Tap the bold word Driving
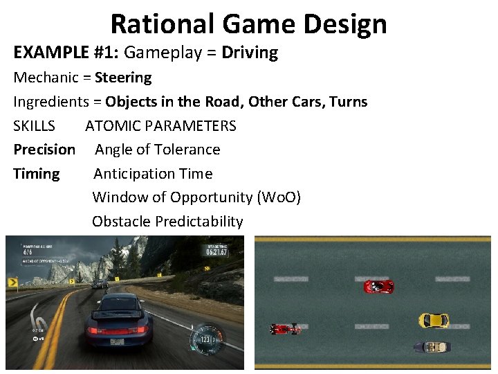point(250,53)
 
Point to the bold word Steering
point(123,78)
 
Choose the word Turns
point(349,102)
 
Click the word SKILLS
point(34,126)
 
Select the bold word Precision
point(44,150)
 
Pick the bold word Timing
point(37,174)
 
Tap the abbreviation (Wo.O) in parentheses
point(279,197)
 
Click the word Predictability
point(199,222)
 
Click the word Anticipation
point(133,174)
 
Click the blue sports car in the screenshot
point(118,319)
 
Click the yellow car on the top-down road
point(434,321)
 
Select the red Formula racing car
point(285,328)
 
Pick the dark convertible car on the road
point(432,346)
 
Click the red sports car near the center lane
point(378,286)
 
